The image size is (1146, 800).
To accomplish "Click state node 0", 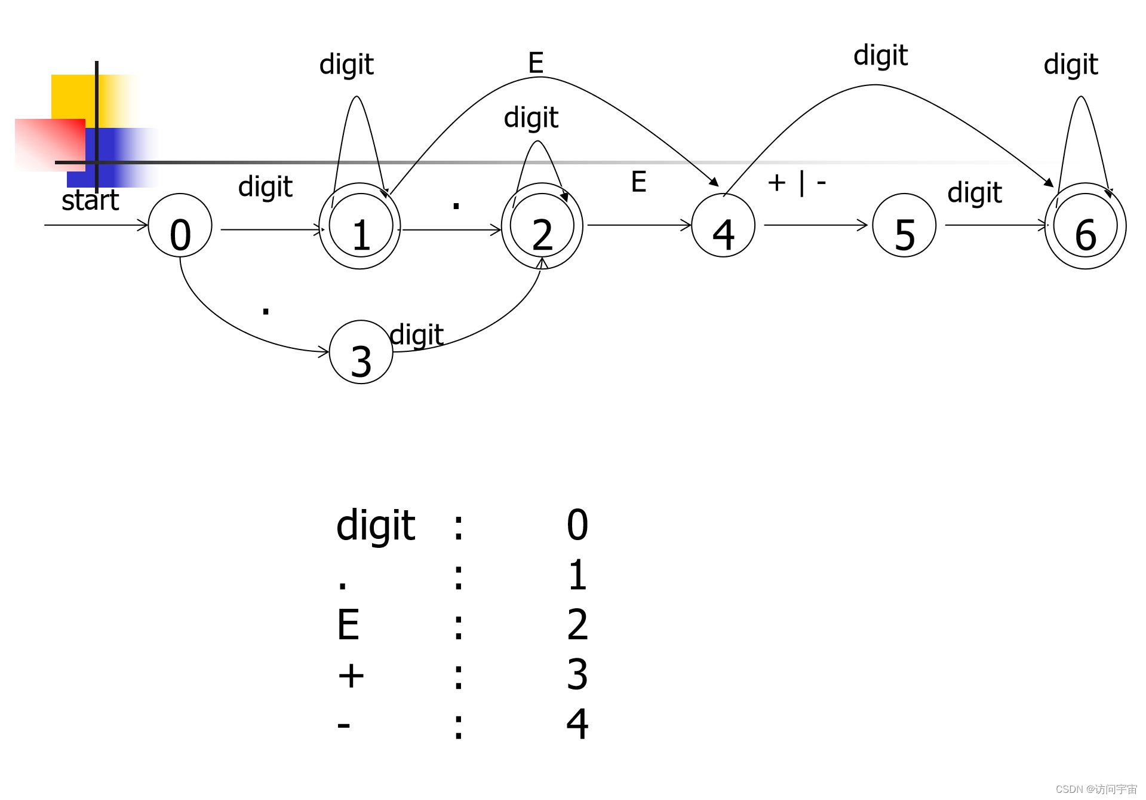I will click(180, 225).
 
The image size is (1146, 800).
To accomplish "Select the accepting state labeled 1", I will click(360, 226).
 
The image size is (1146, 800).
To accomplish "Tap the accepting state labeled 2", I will click(542, 226).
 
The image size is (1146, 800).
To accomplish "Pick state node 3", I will click(361, 352).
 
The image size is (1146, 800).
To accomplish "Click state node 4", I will click(723, 225).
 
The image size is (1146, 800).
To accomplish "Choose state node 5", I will click(904, 225).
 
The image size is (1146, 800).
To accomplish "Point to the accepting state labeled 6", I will click(1085, 226).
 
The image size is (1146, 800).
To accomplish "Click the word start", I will click(90, 200).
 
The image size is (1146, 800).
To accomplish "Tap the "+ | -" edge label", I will click(797, 182).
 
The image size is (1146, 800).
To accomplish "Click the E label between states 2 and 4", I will click(638, 182).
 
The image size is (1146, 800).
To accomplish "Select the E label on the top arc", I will click(536, 62).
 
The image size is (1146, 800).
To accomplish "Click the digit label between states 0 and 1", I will click(265, 187).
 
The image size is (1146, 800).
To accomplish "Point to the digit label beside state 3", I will click(416, 335).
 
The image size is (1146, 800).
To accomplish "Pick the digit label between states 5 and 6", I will click(975, 193).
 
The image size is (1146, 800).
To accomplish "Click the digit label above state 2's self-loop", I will click(531, 118).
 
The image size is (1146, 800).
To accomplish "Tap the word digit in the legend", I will click(376, 526).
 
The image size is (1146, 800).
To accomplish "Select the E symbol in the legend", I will click(348, 625).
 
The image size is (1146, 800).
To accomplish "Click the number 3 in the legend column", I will click(577, 675).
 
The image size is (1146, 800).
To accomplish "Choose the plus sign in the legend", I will click(351, 676).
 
